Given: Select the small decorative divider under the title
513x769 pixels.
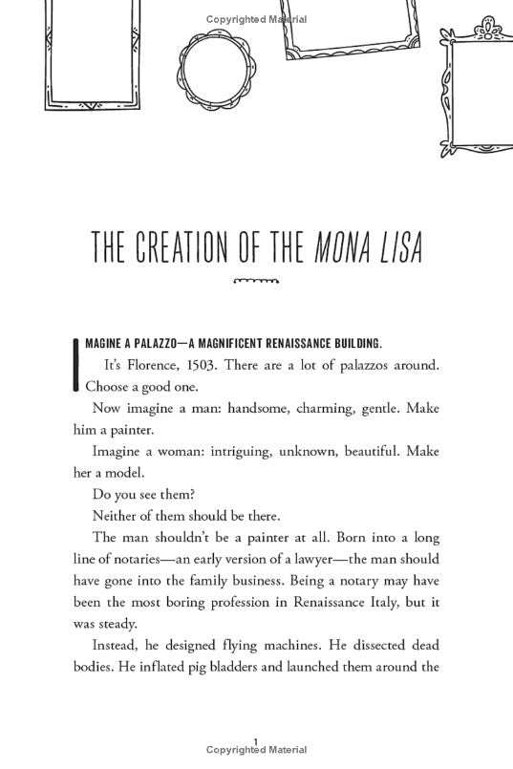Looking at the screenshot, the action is pyautogui.click(x=255, y=281).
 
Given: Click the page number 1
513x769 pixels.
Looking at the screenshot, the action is pyautogui.click(x=257, y=737).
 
